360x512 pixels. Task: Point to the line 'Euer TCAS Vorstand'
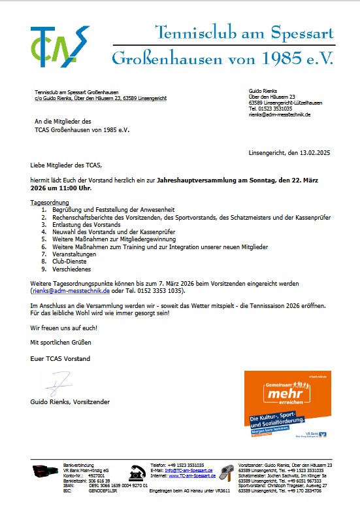click(60, 359)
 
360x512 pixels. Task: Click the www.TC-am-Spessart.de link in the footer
click(193, 475)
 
